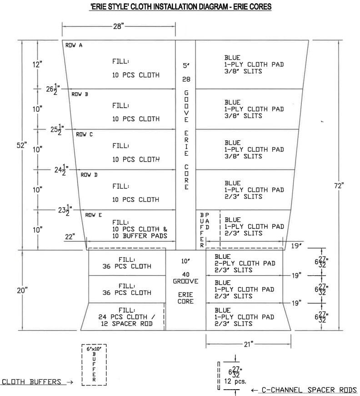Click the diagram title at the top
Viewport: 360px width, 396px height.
(180, 8)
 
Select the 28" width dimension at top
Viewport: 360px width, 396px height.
(118, 27)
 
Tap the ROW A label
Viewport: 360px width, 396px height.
(74, 45)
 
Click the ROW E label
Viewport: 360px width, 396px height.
(93, 215)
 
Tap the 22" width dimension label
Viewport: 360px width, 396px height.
(70, 237)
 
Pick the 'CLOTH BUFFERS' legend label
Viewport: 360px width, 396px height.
(32, 382)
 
